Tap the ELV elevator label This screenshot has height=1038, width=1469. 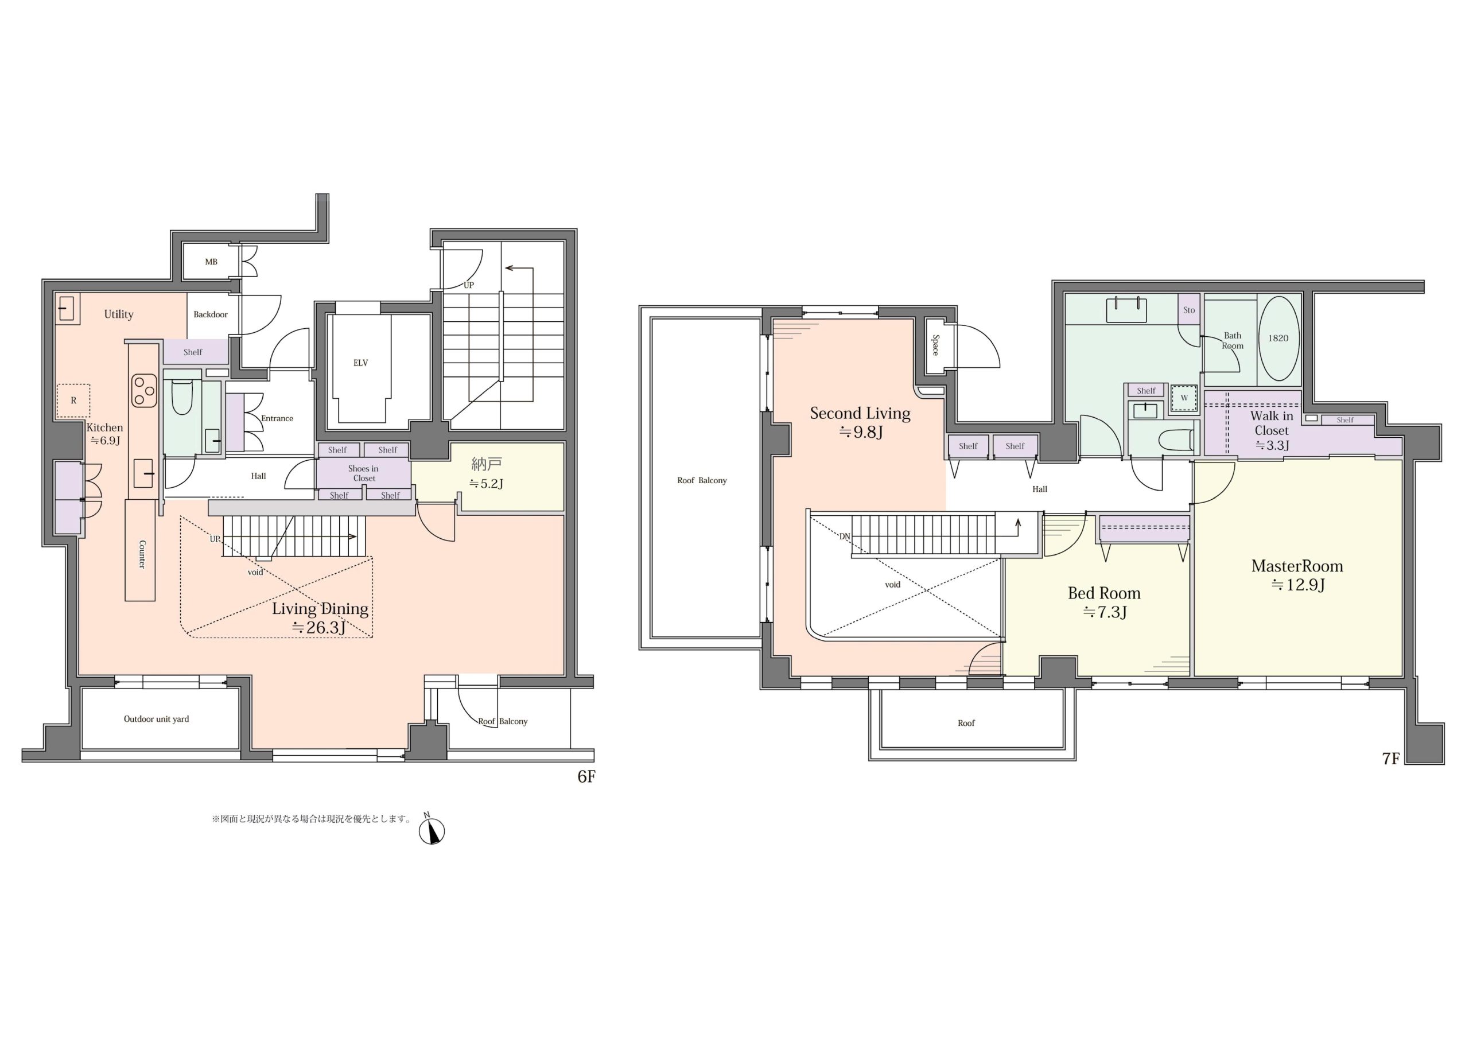[361, 363]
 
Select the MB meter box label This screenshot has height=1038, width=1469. [211, 262]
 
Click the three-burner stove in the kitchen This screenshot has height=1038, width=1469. [144, 390]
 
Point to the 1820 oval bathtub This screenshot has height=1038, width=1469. [1279, 338]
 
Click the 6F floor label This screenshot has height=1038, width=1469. [586, 776]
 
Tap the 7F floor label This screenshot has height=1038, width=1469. [1391, 759]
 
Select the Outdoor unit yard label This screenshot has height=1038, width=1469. [156, 718]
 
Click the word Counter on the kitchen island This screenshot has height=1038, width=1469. [141, 554]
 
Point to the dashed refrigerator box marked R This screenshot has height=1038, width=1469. [73, 401]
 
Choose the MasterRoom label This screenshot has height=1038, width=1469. [1297, 566]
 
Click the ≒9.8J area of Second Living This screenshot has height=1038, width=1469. [861, 432]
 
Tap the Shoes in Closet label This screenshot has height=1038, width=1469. [363, 473]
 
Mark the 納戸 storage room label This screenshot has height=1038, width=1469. [486, 464]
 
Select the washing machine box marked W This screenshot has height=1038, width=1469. [1184, 398]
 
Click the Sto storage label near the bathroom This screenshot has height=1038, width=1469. [1189, 310]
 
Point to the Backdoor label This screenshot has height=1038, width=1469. [211, 314]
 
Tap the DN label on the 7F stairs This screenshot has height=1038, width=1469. [845, 537]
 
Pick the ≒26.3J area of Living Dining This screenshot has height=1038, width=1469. [318, 627]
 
